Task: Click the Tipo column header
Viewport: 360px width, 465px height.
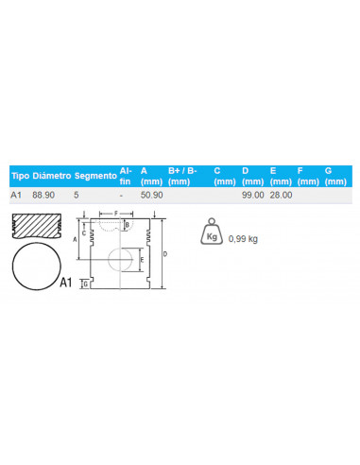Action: tap(21, 176)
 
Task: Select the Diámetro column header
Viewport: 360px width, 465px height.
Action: tap(52, 176)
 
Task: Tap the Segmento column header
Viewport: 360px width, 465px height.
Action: tap(95, 176)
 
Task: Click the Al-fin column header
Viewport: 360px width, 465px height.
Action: tap(126, 176)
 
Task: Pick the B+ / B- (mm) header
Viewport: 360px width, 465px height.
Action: tap(182, 176)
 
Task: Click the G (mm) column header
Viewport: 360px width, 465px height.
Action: tap(335, 176)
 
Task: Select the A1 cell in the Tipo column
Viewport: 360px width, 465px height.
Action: tap(16, 195)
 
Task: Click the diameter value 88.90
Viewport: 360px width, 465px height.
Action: tap(43, 195)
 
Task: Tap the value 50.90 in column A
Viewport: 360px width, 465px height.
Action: tap(152, 195)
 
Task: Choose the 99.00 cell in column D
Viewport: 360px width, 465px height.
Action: tap(253, 195)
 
